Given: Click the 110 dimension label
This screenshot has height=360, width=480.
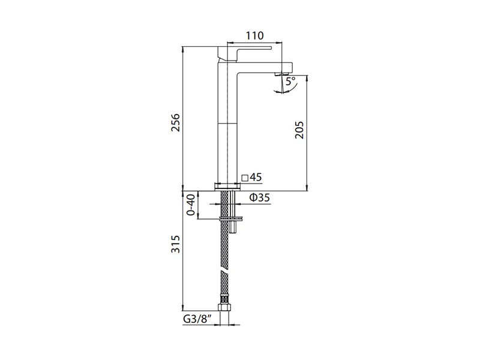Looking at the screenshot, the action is [x=254, y=36].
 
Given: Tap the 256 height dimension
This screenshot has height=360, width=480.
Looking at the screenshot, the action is [x=176, y=123].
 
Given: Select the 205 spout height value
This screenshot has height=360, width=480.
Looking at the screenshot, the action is [x=299, y=130].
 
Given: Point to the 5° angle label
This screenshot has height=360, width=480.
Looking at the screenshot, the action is [x=290, y=81].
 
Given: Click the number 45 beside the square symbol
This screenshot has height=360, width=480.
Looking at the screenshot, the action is [x=256, y=177].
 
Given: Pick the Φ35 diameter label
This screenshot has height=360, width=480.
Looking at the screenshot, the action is [x=260, y=198].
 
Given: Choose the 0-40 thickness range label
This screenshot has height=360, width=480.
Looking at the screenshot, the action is [x=190, y=205].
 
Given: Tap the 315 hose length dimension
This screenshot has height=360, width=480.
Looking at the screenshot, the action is [x=176, y=244].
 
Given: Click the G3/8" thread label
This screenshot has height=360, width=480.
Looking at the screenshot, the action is [x=197, y=319].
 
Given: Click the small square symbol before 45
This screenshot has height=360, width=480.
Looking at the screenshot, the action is [x=245, y=178].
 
